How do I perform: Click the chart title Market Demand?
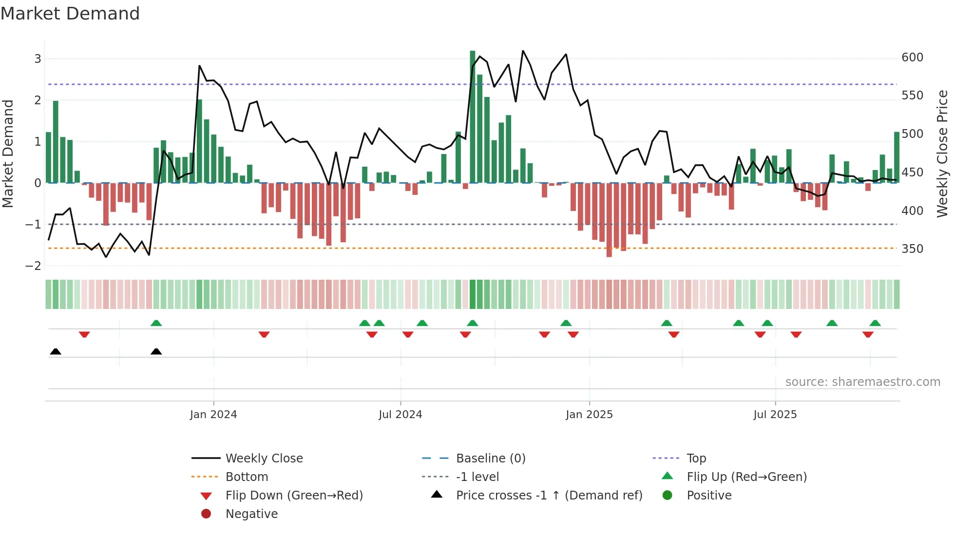click(70, 14)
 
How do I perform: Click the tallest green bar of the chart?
click(472, 117)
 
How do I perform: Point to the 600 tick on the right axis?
click(912, 58)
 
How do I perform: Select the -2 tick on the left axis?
click(34, 266)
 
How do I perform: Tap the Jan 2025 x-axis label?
click(589, 415)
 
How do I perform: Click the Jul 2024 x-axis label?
click(400, 415)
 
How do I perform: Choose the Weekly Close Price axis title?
click(942, 153)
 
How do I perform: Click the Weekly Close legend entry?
click(264, 459)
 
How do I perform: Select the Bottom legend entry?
click(247, 477)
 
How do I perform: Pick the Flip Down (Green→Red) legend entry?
click(294, 496)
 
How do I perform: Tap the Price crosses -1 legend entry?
click(549, 496)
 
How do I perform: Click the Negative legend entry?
click(251, 514)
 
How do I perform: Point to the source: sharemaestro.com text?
click(862, 382)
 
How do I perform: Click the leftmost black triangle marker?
click(56, 352)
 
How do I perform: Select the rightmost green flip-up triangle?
click(875, 323)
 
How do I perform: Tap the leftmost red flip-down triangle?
click(84, 334)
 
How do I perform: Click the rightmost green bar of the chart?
click(897, 157)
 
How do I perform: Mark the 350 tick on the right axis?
click(912, 249)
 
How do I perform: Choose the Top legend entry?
click(696, 459)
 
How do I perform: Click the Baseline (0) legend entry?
click(490, 459)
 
